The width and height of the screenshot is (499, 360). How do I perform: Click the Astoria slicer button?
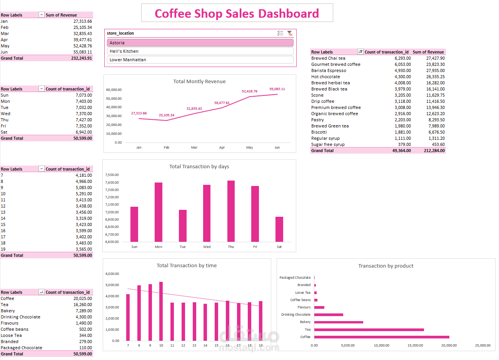click(200, 43)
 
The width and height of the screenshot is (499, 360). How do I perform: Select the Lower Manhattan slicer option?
click(200, 60)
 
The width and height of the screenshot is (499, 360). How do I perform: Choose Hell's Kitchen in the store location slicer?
click(200, 51)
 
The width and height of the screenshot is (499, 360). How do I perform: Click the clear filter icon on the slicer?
click(290, 33)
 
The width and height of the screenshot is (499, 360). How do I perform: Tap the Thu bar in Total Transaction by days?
click(231, 211)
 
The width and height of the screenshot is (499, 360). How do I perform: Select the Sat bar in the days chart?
click(279, 229)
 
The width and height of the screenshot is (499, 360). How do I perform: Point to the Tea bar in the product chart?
click(369, 330)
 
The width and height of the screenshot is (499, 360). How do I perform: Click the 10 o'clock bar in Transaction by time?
click(161, 311)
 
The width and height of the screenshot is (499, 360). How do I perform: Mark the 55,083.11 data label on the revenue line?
click(277, 89)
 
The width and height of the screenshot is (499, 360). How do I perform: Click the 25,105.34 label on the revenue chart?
click(167, 115)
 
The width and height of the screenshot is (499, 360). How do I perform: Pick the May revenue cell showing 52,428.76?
click(83, 46)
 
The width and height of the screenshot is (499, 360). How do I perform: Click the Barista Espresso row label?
click(329, 70)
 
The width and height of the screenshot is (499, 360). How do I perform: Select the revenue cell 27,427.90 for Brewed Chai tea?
click(435, 58)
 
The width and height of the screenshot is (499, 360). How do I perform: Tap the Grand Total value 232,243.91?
click(82, 58)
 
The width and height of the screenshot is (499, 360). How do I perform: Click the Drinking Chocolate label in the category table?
click(20, 317)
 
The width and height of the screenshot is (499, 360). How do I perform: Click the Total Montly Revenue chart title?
click(199, 82)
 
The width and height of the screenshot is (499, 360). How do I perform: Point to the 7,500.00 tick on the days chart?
click(112, 175)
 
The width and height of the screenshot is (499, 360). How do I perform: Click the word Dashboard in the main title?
click(289, 13)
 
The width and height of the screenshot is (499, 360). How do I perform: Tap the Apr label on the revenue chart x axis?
click(222, 147)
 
